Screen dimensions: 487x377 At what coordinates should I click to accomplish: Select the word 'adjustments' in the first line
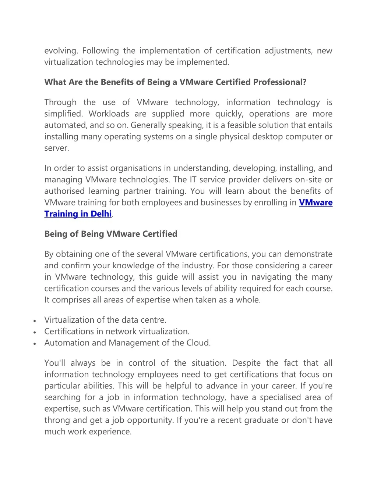(288, 51)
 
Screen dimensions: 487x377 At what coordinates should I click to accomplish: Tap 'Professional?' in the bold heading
(279, 82)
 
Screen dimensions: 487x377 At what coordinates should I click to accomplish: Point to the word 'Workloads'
(109, 114)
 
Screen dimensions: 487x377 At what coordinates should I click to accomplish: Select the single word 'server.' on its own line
(57, 148)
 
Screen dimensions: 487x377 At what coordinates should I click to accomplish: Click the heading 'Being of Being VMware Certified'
(111, 234)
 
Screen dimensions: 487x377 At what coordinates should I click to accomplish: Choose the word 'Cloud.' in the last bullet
(198, 343)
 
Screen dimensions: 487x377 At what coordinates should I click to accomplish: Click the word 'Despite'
(246, 363)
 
